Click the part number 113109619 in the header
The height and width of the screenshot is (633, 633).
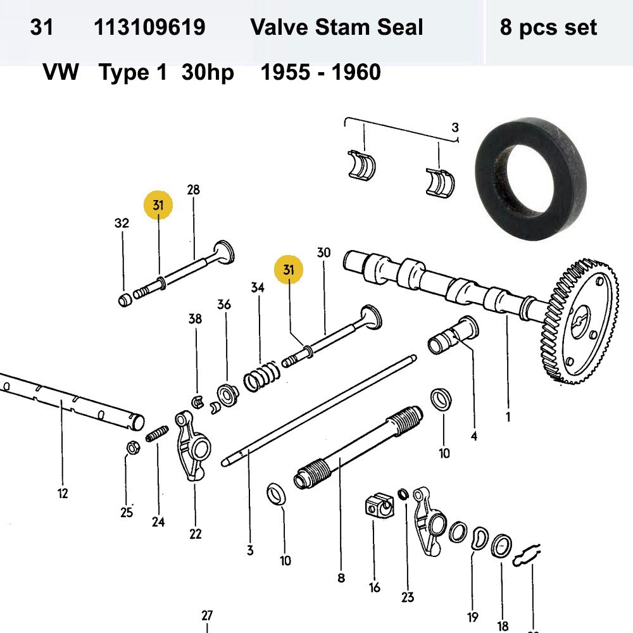[x=149, y=28]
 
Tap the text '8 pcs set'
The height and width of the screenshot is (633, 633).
[x=548, y=28]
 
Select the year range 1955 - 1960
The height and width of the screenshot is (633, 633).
[x=320, y=73]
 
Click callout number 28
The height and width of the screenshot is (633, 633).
[x=193, y=190]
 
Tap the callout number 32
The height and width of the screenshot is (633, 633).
[x=122, y=223]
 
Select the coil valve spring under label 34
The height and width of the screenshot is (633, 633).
[x=260, y=377]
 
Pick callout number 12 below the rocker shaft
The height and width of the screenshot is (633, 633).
[x=62, y=494]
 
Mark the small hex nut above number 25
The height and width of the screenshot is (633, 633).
[x=132, y=448]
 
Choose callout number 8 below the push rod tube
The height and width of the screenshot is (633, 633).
[x=341, y=577]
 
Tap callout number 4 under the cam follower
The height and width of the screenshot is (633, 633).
[x=473, y=436]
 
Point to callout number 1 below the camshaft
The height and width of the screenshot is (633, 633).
[x=507, y=417]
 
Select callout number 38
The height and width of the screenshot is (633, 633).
[x=195, y=319]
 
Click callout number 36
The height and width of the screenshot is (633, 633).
[x=224, y=304]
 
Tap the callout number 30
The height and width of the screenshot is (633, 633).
[x=323, y=253]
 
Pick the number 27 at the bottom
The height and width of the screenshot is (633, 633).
[x=207, y=615]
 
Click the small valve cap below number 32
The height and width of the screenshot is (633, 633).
[x=125, y=299]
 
